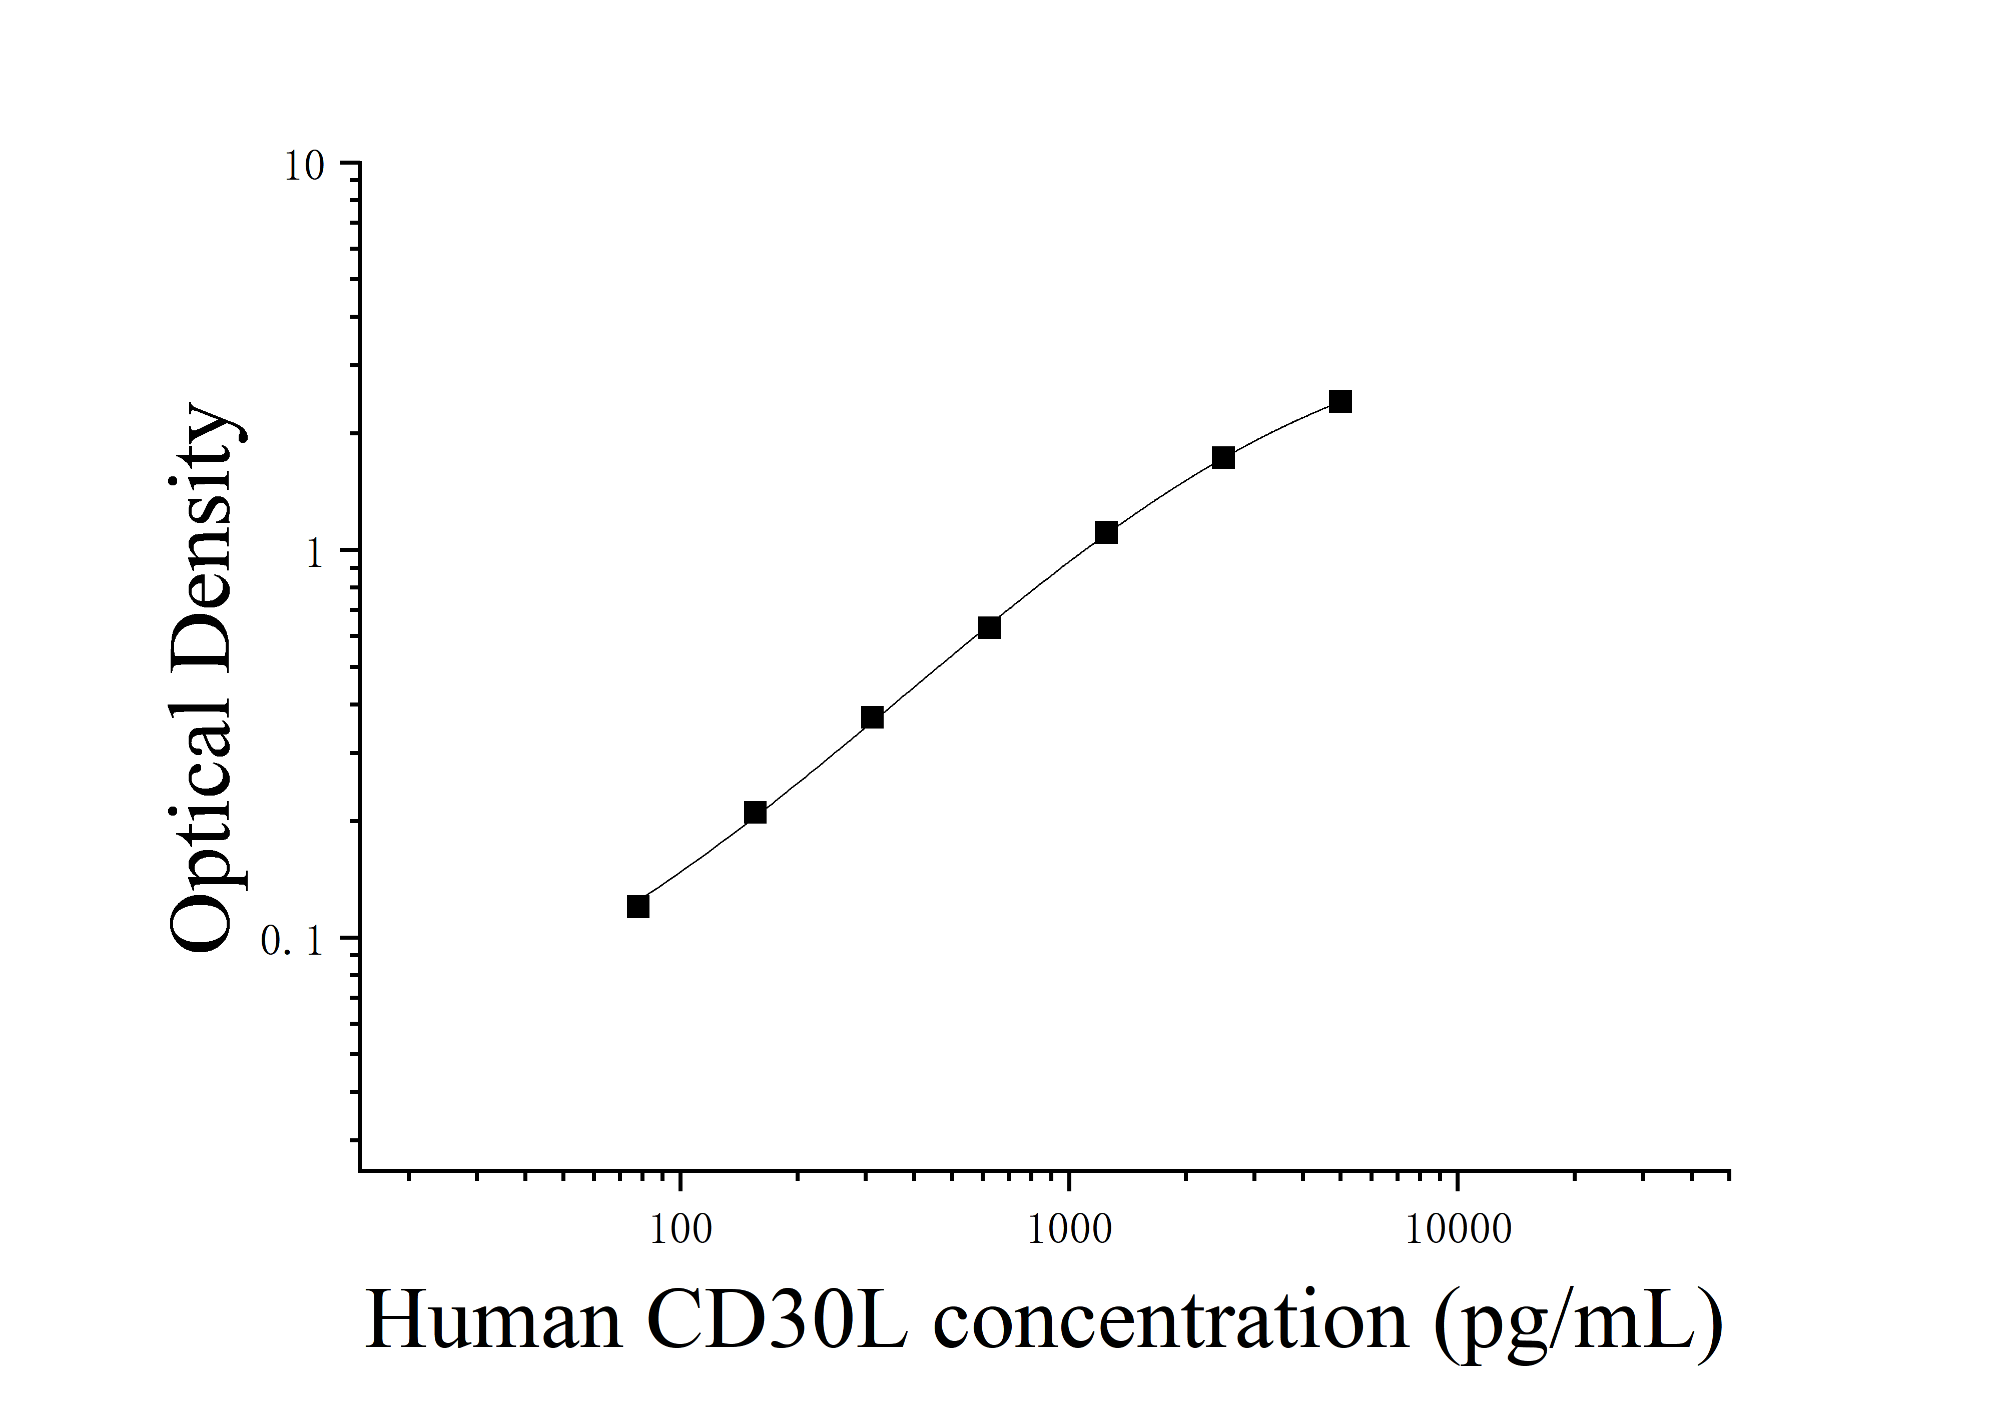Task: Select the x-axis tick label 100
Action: click(x=680, y=1230)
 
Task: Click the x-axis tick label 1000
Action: click(x=1068, y=1230)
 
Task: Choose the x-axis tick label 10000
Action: click(x=1458, y=1230)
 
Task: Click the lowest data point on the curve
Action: click(x=638, y=906)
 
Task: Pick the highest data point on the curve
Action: click(x=1340, y=401)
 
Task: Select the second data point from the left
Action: click(x=755, y=813)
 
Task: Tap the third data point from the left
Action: click(x=872, y=718)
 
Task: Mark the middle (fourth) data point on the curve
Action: click(x=989, y=627)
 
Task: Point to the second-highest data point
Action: click(x=1223, y=457)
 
